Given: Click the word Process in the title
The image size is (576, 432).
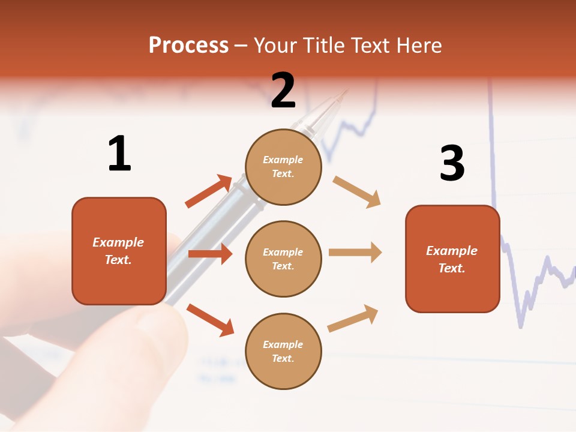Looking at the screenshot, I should pos(188,46).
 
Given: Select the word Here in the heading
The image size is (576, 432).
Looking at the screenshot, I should pos(416,46).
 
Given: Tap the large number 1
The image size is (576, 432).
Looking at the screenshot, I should pos(119,154).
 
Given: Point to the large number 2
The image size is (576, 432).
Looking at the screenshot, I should pos(283,90).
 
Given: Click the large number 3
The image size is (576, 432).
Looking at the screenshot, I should pos(452,164).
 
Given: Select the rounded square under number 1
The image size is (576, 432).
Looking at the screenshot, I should pos(119,251).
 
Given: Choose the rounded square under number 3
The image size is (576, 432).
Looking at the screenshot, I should pos(452,259).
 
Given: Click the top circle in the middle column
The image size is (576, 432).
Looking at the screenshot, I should pos(283,167).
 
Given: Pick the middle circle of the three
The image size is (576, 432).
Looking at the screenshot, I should pos(283,259).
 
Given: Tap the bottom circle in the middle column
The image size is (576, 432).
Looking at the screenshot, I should pos(283,351).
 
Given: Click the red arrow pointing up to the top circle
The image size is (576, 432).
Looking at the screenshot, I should pos(209,191).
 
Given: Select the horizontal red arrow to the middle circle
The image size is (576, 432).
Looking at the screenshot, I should pos(210,254).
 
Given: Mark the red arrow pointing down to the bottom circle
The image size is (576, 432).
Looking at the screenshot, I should pos(210,320).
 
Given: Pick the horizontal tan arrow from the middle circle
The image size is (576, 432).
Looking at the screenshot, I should pos(355,253).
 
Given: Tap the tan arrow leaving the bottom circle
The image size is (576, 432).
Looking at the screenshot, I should pos(353,318).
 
